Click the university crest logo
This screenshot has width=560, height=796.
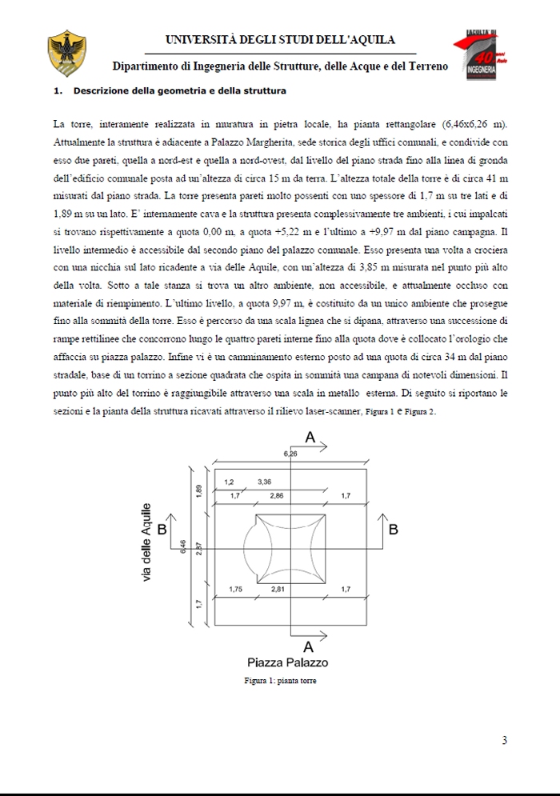[62, 50]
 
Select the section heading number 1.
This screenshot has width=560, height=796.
[57, 91]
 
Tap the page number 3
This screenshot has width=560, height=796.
[504, 740]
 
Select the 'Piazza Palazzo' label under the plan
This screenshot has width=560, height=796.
[287, 662]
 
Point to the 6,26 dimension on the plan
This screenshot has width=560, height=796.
[290, 454]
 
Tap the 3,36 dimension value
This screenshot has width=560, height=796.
[265, 482]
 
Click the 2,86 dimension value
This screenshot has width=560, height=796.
[277, 497]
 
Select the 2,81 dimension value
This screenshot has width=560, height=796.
[278, 590]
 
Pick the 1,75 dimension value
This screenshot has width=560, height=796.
[235, 590]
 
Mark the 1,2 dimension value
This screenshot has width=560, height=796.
[229, 482]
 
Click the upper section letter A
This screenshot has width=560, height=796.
[310, 437]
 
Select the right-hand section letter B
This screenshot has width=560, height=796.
[393, 530]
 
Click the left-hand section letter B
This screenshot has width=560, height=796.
[162, 530]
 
